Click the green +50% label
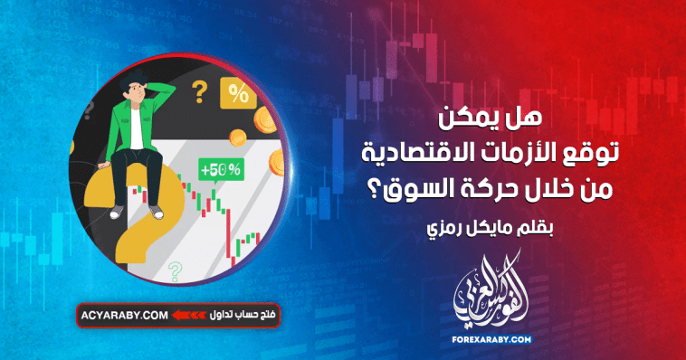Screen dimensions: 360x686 pyautogui.click(x=221, y=169)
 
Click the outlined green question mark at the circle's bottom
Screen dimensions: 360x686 pyautogui.click(x=174, y=268)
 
